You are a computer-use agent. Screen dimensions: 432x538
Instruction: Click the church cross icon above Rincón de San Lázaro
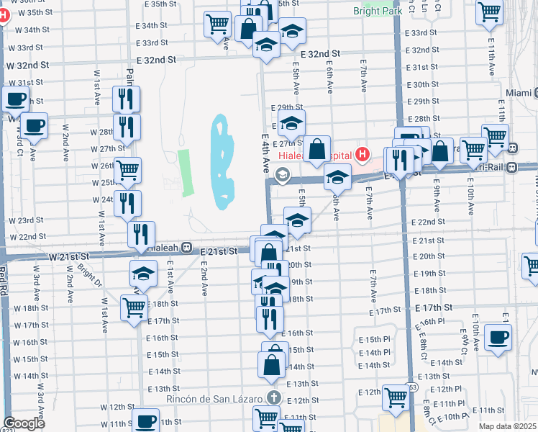click(273, 397)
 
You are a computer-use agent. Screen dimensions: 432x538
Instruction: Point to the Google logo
click(24, 423)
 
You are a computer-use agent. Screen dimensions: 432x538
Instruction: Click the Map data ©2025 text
click(508, 426)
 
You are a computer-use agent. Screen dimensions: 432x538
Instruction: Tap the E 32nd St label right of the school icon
click(320, 54)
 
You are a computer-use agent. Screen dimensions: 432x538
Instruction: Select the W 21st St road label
click(69, 256)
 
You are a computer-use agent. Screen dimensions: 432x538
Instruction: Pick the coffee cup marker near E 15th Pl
click(498, 337)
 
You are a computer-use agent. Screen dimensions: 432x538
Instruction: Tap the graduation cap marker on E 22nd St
click(296, 220)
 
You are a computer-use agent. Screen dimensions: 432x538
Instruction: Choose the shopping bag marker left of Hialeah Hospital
click(316, 148)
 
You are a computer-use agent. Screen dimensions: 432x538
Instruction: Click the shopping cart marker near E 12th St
click(396, 396)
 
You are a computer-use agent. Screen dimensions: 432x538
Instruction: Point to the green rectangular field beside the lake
click(187, 173)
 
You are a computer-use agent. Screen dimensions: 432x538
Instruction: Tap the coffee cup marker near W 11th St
click(145, 420)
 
